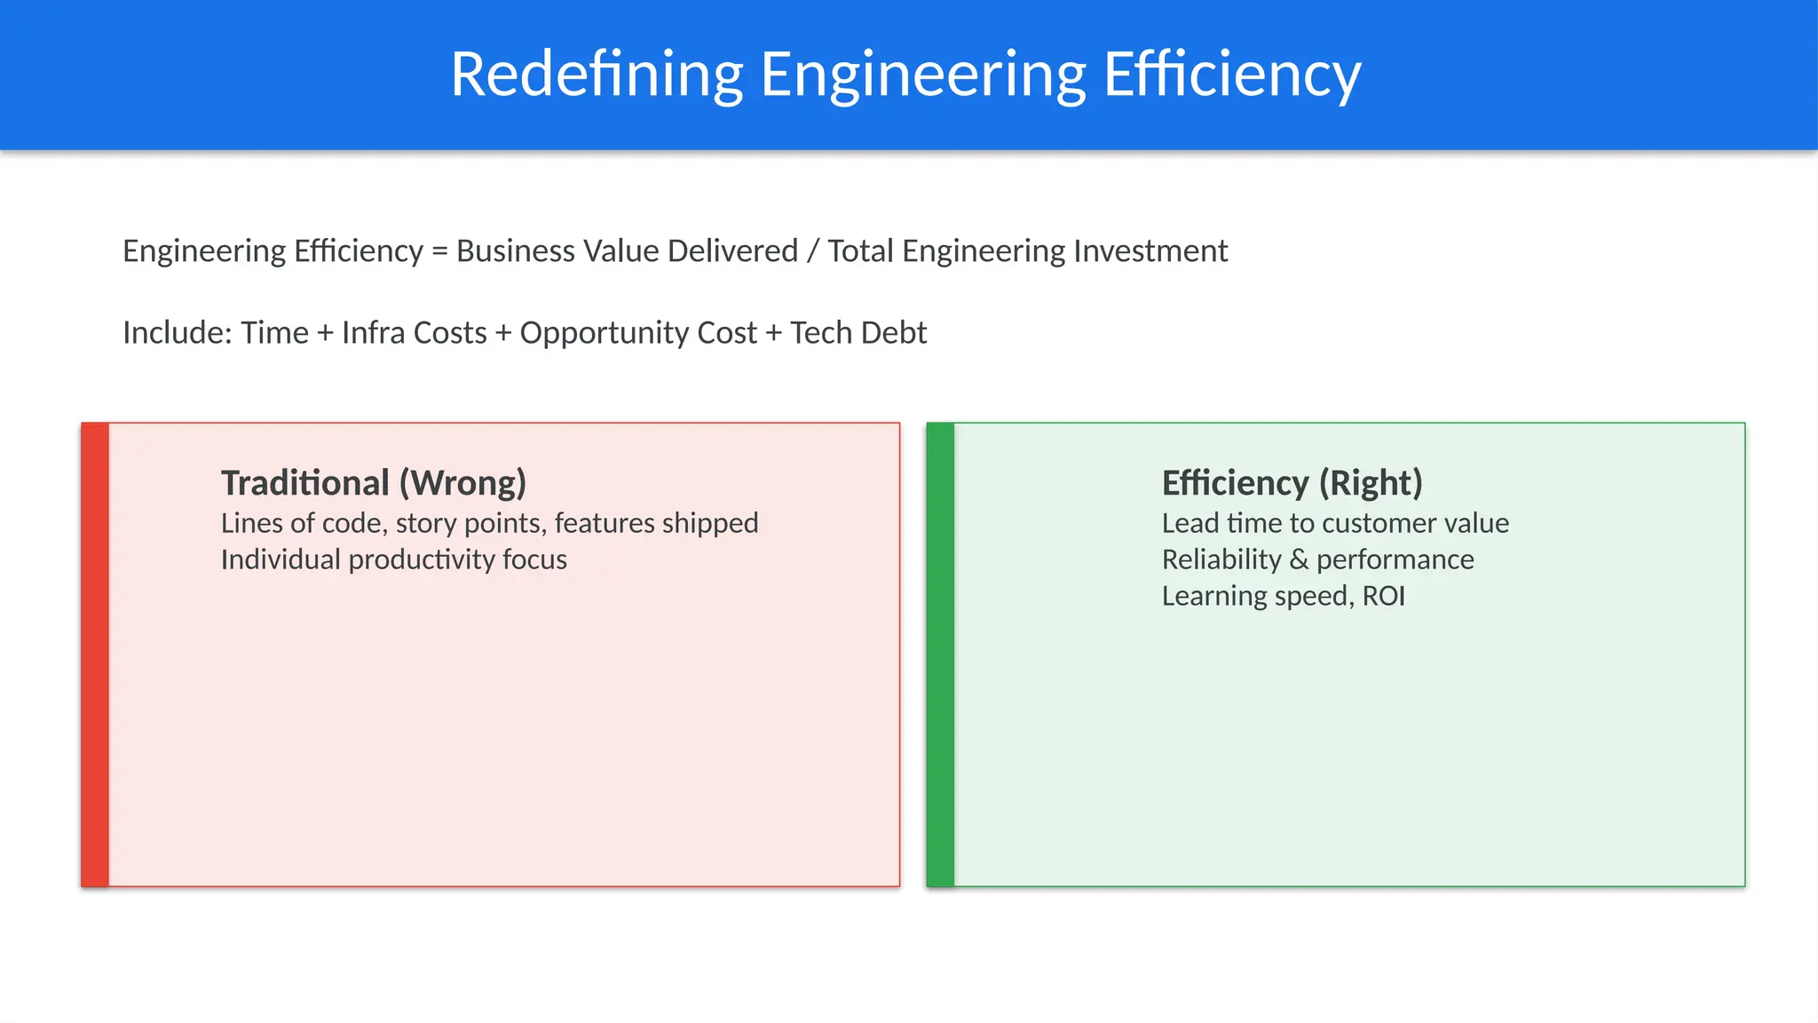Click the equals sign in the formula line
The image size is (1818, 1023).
pos(439,252)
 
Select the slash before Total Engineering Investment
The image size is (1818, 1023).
pos(812,251)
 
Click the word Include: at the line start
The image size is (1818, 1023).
pos(178,333)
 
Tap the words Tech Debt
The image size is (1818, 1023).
pos(858,333)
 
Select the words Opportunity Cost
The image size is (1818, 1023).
pos(638,333)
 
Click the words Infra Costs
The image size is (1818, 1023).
pos(414,333)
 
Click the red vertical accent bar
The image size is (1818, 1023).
pos(95,654)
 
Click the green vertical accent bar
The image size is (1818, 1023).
pos(940,654)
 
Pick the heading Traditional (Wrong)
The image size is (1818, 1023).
pos(374,483)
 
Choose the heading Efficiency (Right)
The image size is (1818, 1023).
pos(1292,483)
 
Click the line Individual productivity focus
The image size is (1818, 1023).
pos(393,560)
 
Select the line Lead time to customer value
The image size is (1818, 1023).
pos(1335,524)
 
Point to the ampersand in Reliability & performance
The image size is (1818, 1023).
pos(1299,560)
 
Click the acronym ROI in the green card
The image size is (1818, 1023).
pos(1383,597)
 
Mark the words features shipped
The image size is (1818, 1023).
pos(656,524)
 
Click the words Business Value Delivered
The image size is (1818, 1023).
pos(627,251)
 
